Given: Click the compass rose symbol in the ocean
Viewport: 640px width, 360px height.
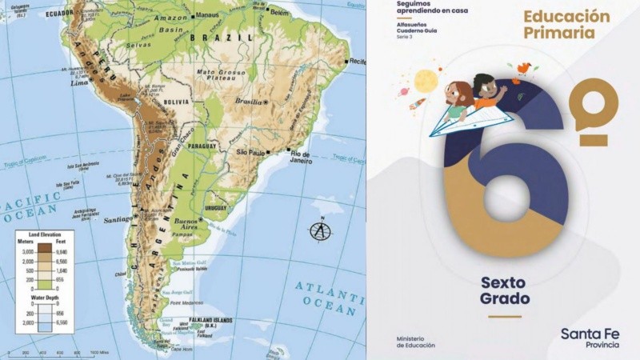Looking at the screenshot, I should (321, 230).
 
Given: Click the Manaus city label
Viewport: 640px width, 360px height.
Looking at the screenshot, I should (210, 14).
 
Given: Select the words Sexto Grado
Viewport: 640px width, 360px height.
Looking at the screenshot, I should (505, 290).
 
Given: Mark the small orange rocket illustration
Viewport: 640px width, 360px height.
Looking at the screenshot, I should (418, 105).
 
